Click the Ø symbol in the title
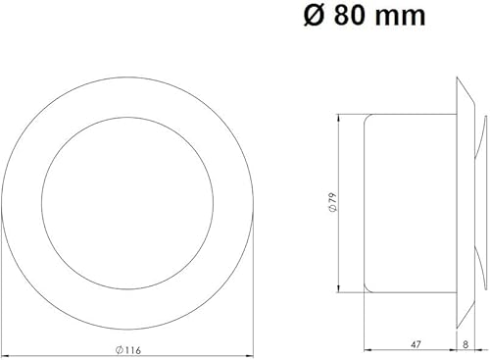[314, 16]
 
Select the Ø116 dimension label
[128, 350]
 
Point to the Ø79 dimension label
[333, 203]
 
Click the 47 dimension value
[415, 344]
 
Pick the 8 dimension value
[465, 344]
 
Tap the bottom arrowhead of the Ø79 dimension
[339, 288]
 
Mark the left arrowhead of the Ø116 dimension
[6, 355]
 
